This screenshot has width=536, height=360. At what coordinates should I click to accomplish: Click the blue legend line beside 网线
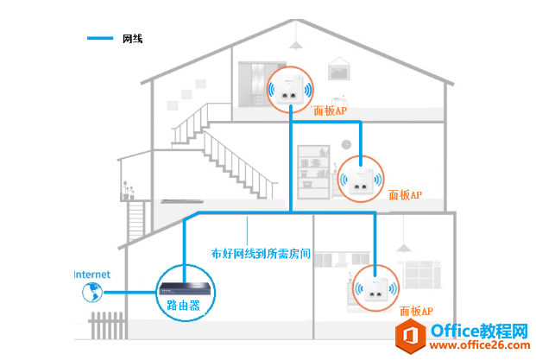[x=100, y=38]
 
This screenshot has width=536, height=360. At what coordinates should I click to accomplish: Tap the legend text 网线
[x=133, y=39]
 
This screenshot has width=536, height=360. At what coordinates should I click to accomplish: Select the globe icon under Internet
[x=92, y=293]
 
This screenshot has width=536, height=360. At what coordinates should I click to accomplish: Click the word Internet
[x=92, y=275]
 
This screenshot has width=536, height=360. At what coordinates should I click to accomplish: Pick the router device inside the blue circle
[x=185, y=289]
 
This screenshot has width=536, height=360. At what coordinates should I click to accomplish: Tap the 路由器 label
[x=183, y=305]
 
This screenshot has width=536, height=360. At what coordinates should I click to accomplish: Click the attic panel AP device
[x=289, y=89]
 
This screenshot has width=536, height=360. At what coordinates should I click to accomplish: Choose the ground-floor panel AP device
[x=375, y=288]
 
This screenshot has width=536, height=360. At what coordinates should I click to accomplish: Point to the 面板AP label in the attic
[x=331, y=111]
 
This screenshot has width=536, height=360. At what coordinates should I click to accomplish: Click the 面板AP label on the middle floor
[x=406, y=195]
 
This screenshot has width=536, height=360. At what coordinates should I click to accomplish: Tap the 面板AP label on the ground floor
[x=416, y=311]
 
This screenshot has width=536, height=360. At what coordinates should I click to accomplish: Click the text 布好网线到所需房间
[x=261, y=254]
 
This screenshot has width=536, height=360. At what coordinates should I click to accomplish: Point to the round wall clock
[x=346, y=145]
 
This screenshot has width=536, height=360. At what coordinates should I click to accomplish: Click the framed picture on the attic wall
[x=338, y=69]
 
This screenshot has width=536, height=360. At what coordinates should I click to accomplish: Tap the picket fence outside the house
[x=107, y=325]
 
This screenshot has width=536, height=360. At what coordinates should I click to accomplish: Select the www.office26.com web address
[x=480, y=345]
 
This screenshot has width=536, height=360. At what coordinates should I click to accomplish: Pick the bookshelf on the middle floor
[x=313, y=172]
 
